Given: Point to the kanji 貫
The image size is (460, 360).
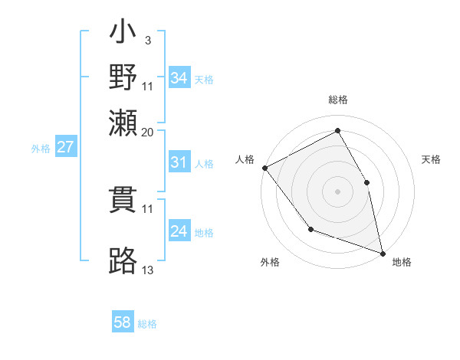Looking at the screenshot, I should pos(123,200).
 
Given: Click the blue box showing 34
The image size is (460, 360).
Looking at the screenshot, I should pos(179,77).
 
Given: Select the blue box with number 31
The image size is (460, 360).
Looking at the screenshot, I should pos(179,162).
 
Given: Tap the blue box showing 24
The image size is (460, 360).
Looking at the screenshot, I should pos(179,231).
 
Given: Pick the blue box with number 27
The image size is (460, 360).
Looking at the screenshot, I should pos(66,147).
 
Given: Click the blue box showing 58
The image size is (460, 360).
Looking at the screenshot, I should pos(123,322).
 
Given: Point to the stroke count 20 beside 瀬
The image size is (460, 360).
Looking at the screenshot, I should pos(148,132).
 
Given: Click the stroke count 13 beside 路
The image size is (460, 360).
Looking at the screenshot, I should pos(148,270).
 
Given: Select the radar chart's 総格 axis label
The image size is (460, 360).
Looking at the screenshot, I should pos(337,100).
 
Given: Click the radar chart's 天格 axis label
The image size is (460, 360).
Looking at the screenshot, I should pos(431,159).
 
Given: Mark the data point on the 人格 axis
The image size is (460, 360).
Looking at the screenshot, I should pos(264,168).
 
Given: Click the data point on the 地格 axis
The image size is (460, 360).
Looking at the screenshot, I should pos(383,253).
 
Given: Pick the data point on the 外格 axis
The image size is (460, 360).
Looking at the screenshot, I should pos(310,229).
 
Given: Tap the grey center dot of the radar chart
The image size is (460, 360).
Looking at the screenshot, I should pos(337,191).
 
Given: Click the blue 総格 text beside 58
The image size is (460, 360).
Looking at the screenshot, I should pos(147,323).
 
